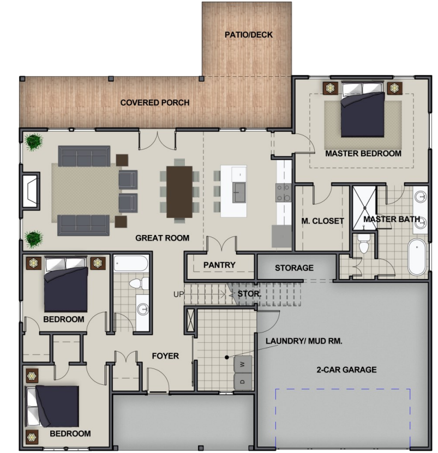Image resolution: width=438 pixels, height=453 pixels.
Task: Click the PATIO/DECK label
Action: pos(248,35)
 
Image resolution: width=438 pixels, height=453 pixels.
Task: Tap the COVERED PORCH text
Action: pos(155,102)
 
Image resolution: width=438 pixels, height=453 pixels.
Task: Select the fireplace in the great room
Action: pos(30,191)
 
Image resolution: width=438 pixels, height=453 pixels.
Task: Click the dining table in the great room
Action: pos(179,192)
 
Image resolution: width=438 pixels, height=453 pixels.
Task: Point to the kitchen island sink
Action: pos(239,192)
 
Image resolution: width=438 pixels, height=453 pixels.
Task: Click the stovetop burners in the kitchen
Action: pos(283,192)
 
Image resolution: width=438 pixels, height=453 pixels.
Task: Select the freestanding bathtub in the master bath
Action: pos(417,257)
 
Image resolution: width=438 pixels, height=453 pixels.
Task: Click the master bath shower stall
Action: pos(364,208)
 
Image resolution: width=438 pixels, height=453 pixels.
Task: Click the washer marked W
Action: pos(242,364)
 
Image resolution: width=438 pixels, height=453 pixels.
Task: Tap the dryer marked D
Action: pos(242,382)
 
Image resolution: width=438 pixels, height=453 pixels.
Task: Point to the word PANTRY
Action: pos(219,265)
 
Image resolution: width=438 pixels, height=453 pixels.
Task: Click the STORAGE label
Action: pos(294,268)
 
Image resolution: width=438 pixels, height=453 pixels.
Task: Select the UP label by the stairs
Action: pos(178,294)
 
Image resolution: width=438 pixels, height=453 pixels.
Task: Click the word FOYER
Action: pos(165,356)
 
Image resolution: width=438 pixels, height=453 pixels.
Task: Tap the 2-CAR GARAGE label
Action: pos(346,370)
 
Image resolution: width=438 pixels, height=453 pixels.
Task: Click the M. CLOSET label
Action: pos(322,221)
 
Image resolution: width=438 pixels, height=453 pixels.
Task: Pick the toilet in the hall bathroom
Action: pos(139,283)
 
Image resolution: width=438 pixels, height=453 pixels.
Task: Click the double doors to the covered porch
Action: pos(157,141)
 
